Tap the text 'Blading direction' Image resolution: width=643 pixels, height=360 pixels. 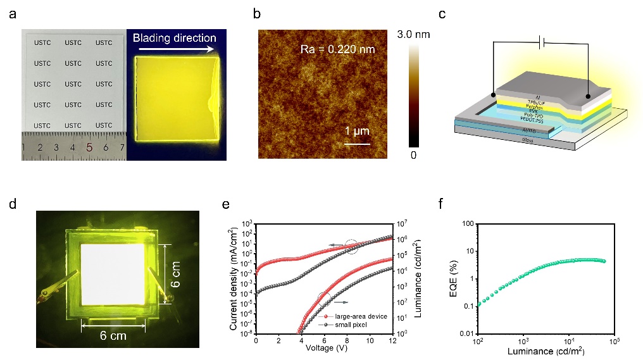pos(174,38)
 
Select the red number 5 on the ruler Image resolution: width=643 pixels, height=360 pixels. pos(89,148)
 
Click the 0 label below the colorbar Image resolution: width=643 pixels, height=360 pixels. pos(412,154)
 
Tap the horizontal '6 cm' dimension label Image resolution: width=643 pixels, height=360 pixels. pos(113,335)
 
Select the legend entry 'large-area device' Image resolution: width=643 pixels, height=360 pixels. pos(355,314)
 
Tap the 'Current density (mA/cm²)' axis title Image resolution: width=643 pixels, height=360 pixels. pos(234,278)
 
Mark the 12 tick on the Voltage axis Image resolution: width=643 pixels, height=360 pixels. pos(392,340)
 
